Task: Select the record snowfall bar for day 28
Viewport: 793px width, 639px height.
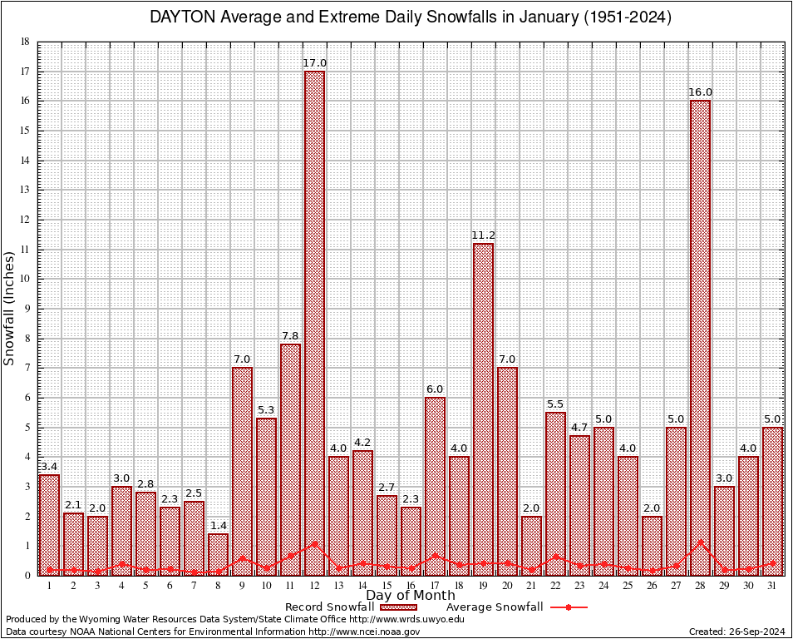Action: [x=700, y=337]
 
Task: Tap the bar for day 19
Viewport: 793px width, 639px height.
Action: [x=483, y=409]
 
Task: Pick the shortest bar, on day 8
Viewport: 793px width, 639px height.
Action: [x=218, y=554]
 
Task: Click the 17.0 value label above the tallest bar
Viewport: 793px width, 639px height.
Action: [x=315, y=62]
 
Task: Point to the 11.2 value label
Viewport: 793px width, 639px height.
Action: [x=483, y=235]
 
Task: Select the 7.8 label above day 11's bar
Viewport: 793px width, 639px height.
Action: [x=290, y=335]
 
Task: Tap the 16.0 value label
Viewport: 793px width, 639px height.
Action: [x=700, y=92]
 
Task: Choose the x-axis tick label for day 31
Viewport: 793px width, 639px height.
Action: [x=772, y=586]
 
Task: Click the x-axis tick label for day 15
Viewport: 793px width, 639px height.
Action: [x=387, y=586]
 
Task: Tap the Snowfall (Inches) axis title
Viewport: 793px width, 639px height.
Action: [x=10, y=308]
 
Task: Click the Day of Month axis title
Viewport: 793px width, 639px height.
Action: [x=411, y=596]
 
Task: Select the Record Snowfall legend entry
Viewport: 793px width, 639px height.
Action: [x=329, y=607]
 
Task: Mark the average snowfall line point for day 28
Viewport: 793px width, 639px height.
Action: [x=700, y=542]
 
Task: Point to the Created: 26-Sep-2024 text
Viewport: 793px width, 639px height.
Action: [x=736, y=632]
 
